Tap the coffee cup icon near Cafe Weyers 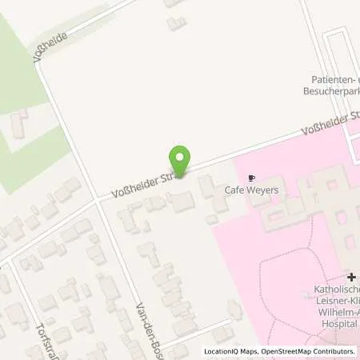click(253, 178)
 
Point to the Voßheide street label click(49, 47)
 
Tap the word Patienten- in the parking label click(334, 79)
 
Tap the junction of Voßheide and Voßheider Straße click(98, 201)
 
